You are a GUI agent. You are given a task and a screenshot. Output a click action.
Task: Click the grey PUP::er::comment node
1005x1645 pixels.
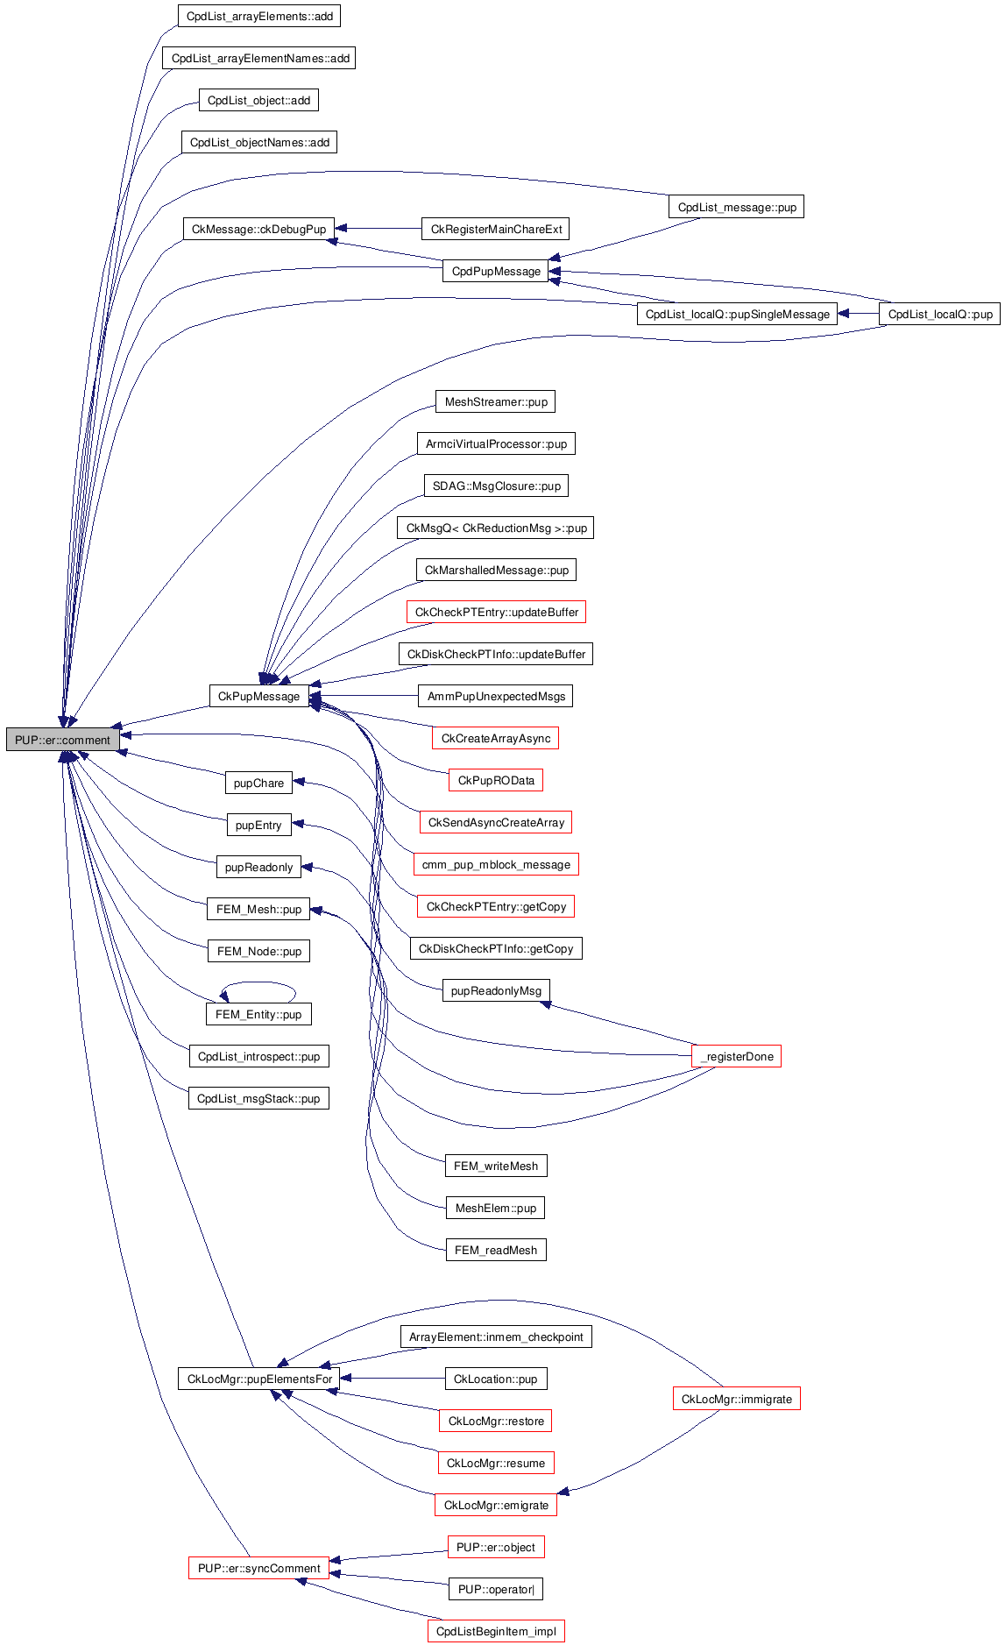(x=63, y=740)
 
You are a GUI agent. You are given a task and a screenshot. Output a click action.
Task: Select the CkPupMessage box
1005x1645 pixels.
(x=258, y=697)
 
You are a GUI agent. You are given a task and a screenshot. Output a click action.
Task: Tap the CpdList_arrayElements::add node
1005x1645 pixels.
(x=259, y=17)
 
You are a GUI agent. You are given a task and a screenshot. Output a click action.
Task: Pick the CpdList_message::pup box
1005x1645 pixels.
(x=737, y=208)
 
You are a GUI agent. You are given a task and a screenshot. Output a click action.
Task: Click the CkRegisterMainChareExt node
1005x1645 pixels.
(x=496, y=230)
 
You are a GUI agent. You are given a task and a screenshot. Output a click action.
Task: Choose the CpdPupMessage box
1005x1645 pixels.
(x=496, y=272)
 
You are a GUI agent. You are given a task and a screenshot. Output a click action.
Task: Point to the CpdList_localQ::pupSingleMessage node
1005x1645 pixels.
(x=737, y=315)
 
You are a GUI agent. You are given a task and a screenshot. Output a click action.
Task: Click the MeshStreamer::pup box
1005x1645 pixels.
(x=496, y=402)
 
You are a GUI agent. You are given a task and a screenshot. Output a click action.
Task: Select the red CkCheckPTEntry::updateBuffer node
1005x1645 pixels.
(x=496, y=613)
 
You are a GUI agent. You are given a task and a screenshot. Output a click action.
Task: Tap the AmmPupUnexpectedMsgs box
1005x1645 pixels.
(x=496, y=697)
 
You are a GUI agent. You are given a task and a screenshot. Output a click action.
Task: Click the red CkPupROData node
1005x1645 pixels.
(x=496, y=781)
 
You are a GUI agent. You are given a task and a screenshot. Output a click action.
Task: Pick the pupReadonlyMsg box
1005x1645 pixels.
(x=496, y=991)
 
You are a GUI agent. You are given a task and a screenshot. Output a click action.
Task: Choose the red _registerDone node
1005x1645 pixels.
(x=736, y=1057)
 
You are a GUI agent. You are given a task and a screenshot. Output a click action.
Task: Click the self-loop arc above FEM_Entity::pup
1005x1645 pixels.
(x=258, y=984)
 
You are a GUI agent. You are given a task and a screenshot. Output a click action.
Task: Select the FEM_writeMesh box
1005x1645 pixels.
(x=496, y=1166)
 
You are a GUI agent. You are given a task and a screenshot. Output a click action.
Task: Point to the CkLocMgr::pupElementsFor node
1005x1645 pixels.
(x=259, y=1379)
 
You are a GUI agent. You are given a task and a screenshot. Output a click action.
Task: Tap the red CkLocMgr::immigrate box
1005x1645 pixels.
(x=736, y=1400)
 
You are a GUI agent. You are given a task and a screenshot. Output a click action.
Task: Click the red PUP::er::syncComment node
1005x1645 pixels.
(x=258, y=1569)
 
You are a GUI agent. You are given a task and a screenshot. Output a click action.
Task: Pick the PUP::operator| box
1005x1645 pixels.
(x=496, y=1590)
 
